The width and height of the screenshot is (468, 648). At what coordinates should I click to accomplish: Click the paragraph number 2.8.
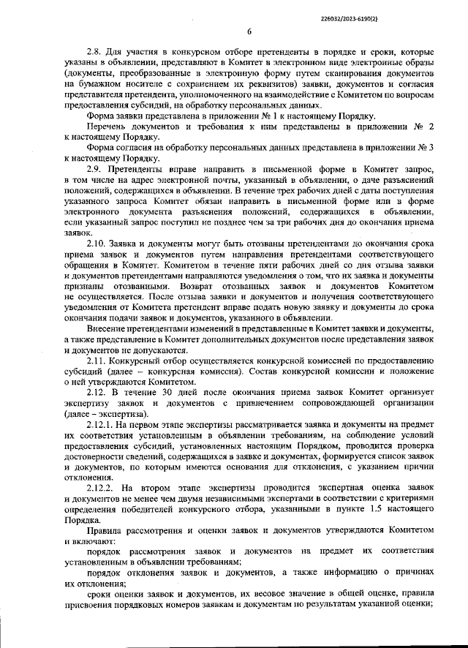pos(95,53)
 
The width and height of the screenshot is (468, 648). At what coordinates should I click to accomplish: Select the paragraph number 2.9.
pos(95,168)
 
